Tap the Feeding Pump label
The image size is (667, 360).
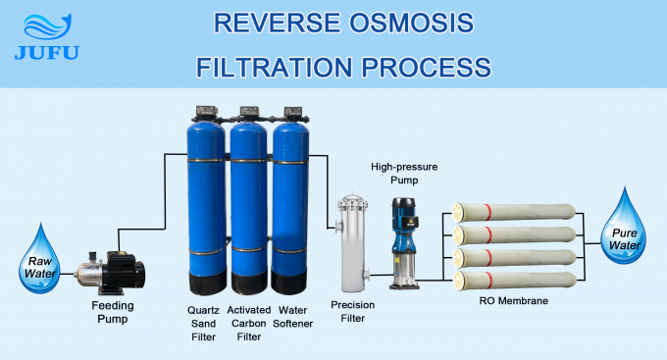(107, 312)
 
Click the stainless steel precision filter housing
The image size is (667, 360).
(351, 239)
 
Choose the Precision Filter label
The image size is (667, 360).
(351, 312)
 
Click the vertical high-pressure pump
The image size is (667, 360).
(402, 243)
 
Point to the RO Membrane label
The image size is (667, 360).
(512, 301)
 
